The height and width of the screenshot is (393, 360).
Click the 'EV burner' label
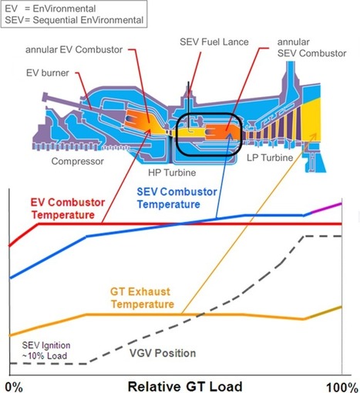(x=48, y=73)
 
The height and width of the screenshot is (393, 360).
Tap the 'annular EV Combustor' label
(x=74, y=49)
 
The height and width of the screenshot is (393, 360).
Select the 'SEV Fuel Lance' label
(x=214, y=42)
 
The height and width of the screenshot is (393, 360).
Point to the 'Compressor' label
(x=78, y=161)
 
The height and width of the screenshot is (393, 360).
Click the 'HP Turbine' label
(x=172, y=173)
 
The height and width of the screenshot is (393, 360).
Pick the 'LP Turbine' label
(x=270, y=157)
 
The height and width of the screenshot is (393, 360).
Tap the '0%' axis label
(x=14, y=387)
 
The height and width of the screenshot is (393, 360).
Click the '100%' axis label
(x=342, y=388)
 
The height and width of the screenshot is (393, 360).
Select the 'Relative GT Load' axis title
(x=185, y=386)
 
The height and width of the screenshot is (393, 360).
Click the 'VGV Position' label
(x=163, y=353)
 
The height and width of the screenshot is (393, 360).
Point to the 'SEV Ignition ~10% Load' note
(x=45, y=351)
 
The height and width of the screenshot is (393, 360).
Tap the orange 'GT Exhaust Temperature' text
(x=142, y=298)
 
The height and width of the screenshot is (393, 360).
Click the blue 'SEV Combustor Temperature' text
(x=177, y=198)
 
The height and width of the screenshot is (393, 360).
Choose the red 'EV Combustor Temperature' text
(x=68, y=209)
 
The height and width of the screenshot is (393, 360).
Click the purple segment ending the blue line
(x=326, y=208)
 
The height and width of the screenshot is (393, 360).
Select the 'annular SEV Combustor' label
(x=311, y=48)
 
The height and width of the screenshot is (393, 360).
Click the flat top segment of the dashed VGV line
(x=323, y=236)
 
